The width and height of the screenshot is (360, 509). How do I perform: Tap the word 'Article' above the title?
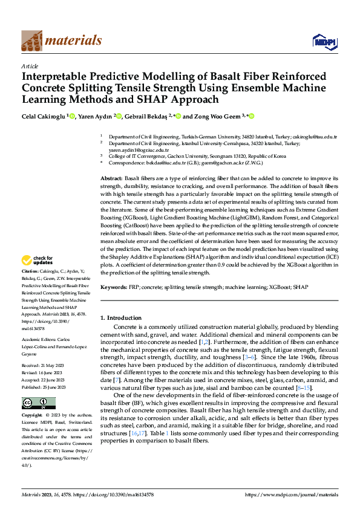click(x=30, y=66)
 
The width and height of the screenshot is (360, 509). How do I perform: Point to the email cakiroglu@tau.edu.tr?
click(x=319, y=138)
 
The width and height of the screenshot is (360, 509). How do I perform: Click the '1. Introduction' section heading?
click(x=120, y=317)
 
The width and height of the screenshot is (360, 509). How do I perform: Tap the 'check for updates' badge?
click(x=38, y=261)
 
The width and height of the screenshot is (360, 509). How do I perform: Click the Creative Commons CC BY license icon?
click(x=38, y=403)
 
